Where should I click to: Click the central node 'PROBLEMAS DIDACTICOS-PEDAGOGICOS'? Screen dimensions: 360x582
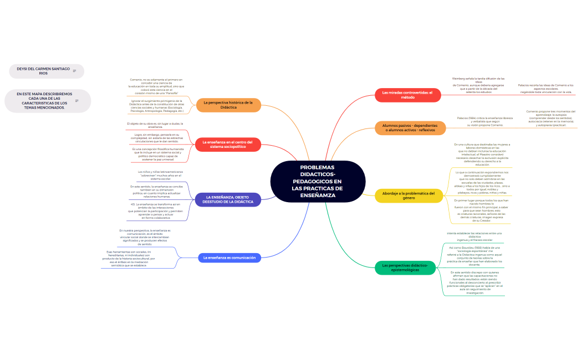coord(318,181)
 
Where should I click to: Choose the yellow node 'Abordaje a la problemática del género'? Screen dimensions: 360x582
coord(408,196)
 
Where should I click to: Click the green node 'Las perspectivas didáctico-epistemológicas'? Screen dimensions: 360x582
coord(405,268)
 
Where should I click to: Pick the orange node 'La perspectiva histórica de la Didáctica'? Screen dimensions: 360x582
coord(228,105)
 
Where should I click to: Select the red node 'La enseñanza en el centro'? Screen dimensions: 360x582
coord(228,145)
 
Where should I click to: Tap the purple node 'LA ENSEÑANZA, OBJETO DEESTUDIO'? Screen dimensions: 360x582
coord(228,199)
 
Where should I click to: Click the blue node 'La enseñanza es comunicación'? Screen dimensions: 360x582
coord(229,258)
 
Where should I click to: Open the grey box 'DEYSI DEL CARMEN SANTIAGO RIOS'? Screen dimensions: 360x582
coord(43,71)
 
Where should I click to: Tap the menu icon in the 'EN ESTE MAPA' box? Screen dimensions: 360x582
coord(77,101)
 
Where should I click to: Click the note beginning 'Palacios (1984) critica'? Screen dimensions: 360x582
coord(481,122)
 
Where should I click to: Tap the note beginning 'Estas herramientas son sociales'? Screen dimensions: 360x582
coord(129,259)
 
